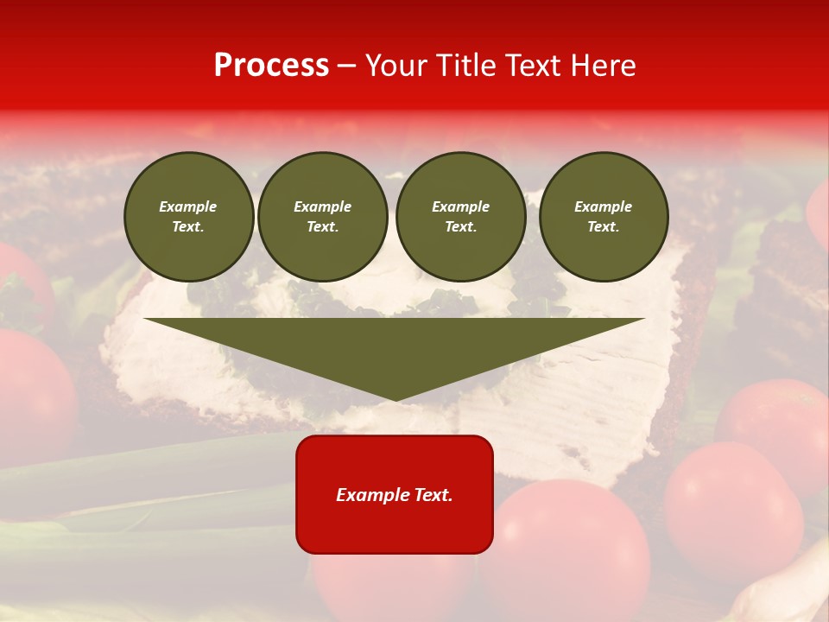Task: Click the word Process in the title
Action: [x=271, y=66]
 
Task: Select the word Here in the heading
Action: [x=604, y=66]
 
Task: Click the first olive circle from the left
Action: [x=188, y=217]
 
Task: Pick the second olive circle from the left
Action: [x=323, y=217]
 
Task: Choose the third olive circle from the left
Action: [x=460, y=217]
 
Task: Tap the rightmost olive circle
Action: [x=603, y=217]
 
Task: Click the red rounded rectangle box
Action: [x=395, y=494]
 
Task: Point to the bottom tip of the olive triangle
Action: [x=396, y=399]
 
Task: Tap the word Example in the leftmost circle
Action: [x=188, y=206]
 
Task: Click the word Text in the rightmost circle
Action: [x=603, y=227]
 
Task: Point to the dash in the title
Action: [x=347, y=66]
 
